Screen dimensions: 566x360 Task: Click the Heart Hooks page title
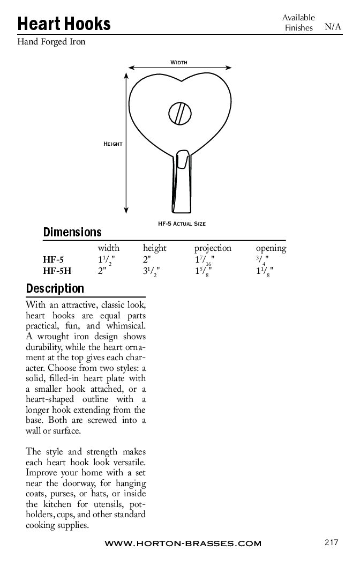coord(64,24)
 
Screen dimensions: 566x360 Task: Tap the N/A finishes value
coord(333,27)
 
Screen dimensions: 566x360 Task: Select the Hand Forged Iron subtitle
coord(51,42)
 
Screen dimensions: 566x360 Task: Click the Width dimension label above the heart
coord(179,63)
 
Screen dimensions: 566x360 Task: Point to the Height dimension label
coord(113,144)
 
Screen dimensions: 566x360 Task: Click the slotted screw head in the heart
coord(181,113)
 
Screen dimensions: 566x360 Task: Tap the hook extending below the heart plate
coord(181,182)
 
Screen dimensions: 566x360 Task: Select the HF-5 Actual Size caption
coord(182,223)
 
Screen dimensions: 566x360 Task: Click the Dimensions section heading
coord(72,233)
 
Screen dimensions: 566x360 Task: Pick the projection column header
coord(213,248)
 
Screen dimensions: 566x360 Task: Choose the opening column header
coord(271,248)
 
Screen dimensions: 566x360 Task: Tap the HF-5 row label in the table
coord(54,260)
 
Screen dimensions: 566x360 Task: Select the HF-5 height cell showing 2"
coord(148,260)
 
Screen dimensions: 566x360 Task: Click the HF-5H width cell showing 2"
coord(102,271)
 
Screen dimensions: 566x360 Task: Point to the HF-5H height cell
coord(151,271)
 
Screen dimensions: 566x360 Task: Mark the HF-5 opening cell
coord(262,260)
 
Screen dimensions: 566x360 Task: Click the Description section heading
coord(55,289)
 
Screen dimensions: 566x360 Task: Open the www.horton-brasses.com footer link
coord(183,543)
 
